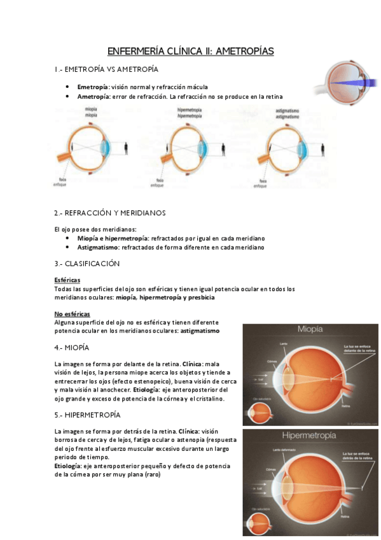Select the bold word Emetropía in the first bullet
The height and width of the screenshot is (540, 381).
click(93, 87)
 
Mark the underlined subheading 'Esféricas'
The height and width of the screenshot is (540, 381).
click(67, 280)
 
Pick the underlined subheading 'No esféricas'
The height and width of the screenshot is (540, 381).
click(72, 314)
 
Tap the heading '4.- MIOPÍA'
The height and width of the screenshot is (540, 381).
click(72, 348)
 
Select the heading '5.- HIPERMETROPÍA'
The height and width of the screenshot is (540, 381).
click(87, 415)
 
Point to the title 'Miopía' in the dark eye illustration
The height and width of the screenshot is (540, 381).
click(310, 330)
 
